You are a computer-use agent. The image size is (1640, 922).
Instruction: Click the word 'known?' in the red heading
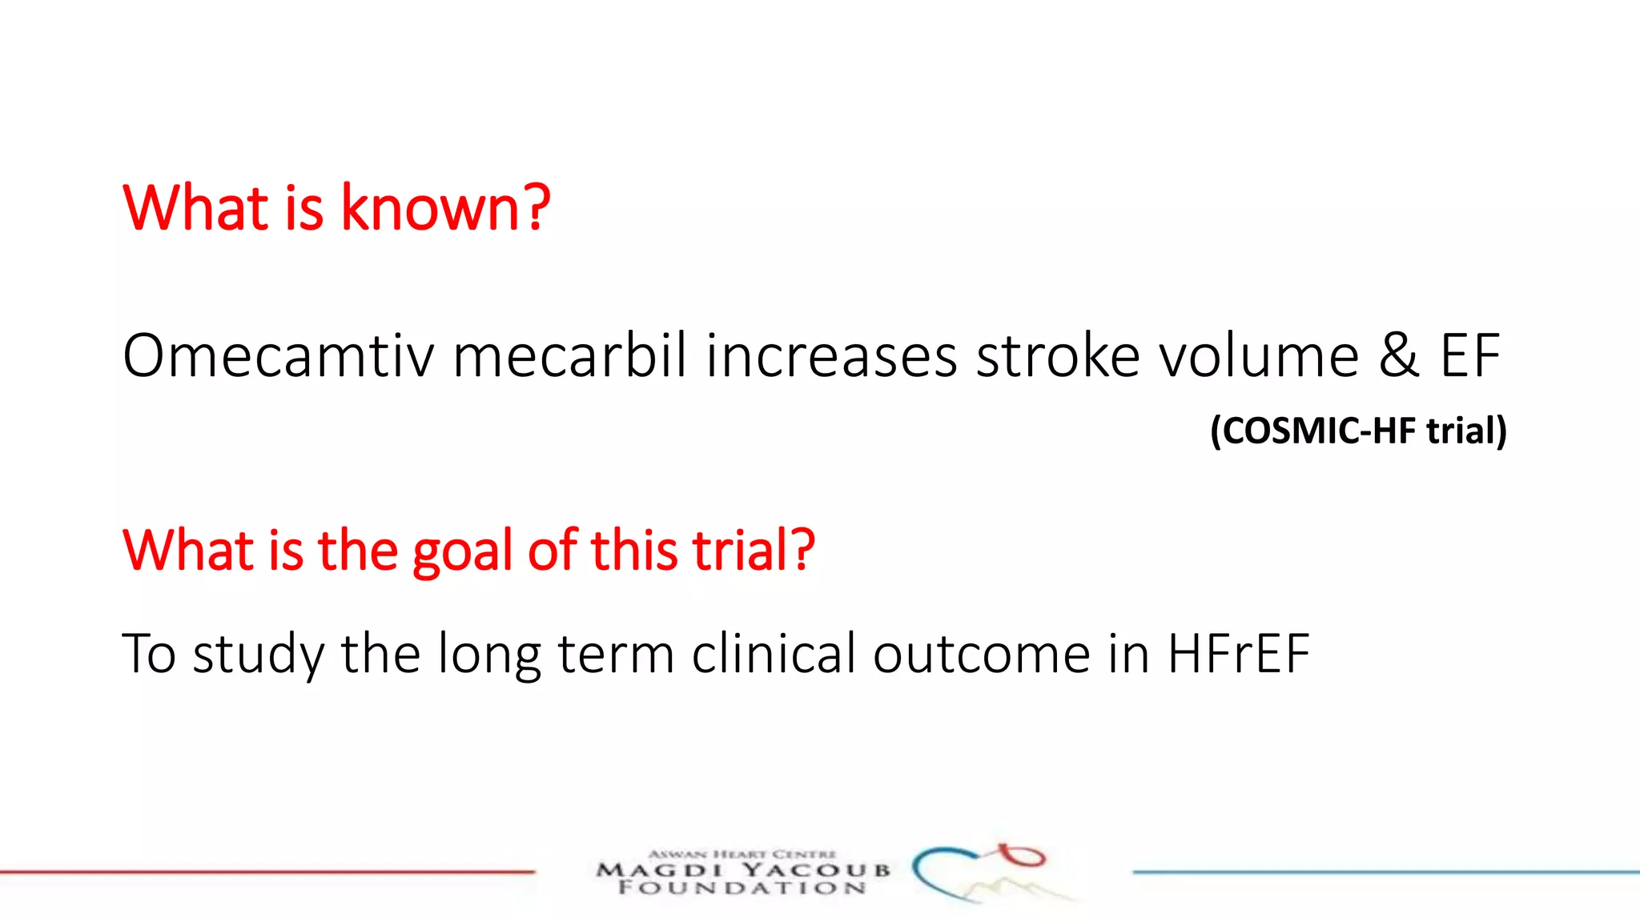445,208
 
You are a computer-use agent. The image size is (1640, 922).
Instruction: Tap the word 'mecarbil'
570,356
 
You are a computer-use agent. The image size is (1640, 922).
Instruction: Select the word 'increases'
831,356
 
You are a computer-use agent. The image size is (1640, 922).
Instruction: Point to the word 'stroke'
1058,356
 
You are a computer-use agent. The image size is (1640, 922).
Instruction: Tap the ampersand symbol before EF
1399,356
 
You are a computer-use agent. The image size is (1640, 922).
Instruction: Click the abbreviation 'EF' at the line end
1469,356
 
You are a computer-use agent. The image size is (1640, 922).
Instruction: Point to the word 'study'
258,655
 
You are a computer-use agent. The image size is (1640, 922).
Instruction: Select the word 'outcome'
982,655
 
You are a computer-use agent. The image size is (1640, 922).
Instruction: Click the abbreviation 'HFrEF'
1238,653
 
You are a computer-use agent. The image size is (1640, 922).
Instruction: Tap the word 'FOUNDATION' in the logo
742,888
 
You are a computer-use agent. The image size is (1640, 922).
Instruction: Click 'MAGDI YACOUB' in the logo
742,870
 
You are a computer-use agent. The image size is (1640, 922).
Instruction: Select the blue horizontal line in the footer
1385,872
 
